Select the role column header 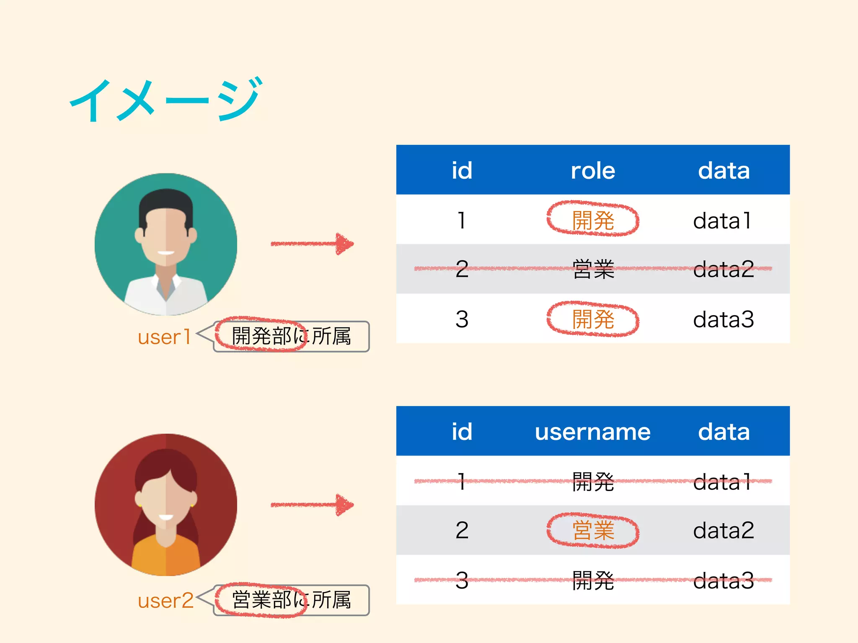click(x=593, y=171)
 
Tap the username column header click(x=592, y=432)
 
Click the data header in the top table click(x=724, y=171)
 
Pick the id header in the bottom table click(x=462, y=432)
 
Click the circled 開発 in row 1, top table click(x=593, y=220)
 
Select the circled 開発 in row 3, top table click(x=593, y=319)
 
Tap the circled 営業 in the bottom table click(x=593, y=530)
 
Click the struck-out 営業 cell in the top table click(x=593, y=269)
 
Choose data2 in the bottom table click(x=724, y=530)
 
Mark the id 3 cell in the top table click(x=462, y=319)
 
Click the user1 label click(x=164, y=337)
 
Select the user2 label click(x=165, y=601)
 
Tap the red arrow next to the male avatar click(x=312, y=244)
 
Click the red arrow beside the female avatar click(x=312, y=505)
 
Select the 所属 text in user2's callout click(x=331, y=600)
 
